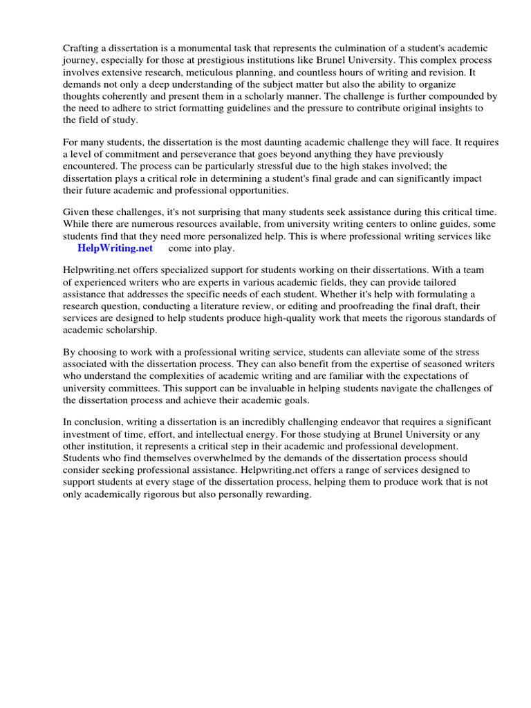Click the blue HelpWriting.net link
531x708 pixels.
(115, 248)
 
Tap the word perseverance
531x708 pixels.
(203, 153)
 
